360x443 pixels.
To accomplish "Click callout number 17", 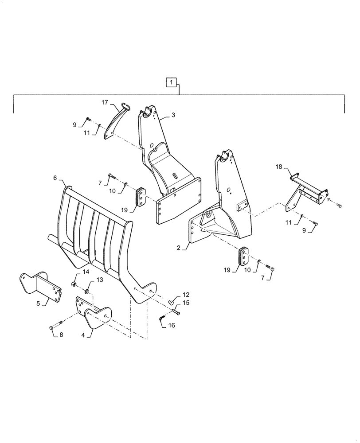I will coord(105,103).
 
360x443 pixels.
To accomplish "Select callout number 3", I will coord(173,115).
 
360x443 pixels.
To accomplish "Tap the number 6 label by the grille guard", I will coord(55,178).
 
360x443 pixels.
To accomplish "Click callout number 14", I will coord(86,272).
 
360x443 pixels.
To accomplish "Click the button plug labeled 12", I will coord(170,301).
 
